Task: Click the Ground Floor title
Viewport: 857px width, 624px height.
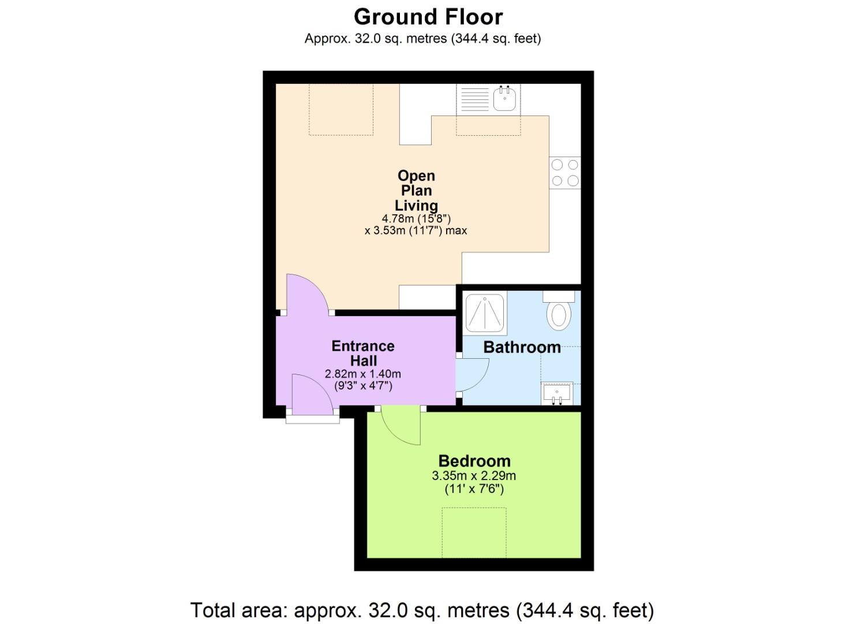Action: tap(428, 17)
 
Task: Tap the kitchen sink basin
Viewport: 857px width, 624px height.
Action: tap(504, 99)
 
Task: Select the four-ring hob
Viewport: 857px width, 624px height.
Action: tap(564, 173)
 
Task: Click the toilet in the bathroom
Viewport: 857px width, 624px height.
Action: tap(559, 312)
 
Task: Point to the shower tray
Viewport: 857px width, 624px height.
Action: tap(486, 314)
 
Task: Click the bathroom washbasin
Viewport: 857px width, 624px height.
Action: tap(557, 393)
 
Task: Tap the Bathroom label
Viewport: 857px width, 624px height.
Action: tap(522, 347)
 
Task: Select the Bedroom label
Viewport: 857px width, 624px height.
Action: tap(474, 461)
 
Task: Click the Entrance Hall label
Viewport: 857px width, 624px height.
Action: tap(363, 353)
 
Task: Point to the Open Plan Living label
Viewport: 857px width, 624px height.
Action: tap(416, 191)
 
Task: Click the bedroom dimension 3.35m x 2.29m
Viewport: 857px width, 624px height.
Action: tap(474, 476)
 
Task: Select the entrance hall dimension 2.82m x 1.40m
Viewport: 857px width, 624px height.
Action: tap(363, 374)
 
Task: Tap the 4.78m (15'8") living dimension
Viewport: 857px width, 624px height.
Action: tap(416, 218)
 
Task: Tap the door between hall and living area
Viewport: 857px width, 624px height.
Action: tap(306, 295)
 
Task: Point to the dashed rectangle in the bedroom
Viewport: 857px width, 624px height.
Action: tap(474, 532)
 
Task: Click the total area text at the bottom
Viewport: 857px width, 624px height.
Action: tap(422, 610)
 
